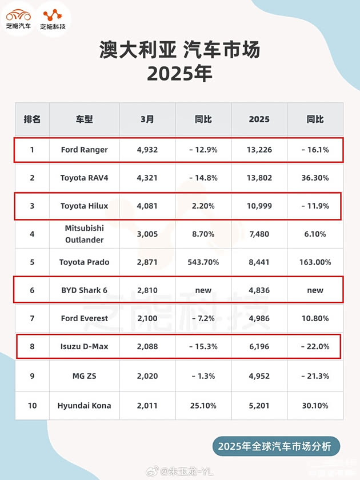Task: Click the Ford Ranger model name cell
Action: point(84,150)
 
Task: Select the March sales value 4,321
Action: point(147,178)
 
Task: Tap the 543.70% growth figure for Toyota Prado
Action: point(203,262)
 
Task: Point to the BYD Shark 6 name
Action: point(84,290)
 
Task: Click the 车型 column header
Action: point(84,119)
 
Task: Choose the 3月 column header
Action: point(147,119)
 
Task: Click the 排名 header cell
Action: point(32,119)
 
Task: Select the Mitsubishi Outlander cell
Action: point(84,234)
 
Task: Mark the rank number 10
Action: point(32,406)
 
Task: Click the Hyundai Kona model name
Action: point(84,406)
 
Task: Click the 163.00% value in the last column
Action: point(315,262)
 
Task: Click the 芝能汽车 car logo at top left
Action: point(19,18)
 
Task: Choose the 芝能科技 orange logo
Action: point(53,18)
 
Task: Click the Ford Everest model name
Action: point(84,318)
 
